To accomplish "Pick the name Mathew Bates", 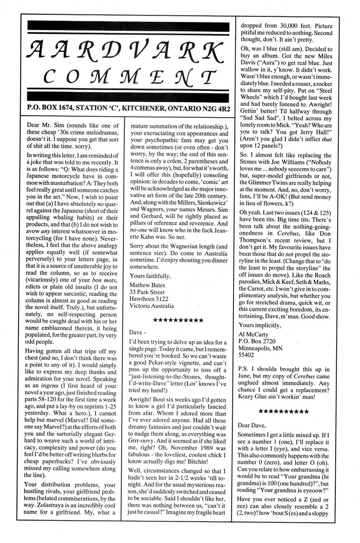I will click(x=147, y=285).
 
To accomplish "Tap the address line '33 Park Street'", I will click(x=147, y=292).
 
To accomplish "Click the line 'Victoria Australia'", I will click(x=151, y=306).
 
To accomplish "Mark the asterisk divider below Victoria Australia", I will click(x=178, y=320).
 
